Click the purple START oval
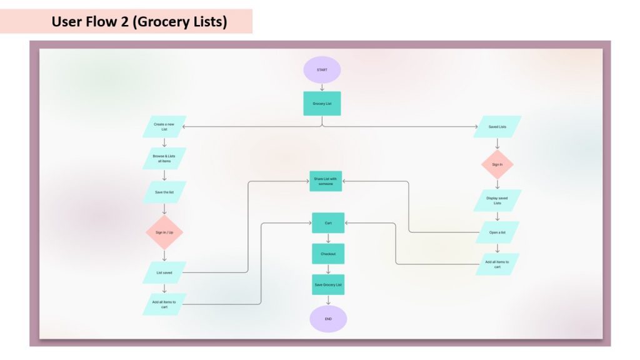click(x=322, y=69)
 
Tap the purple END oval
click(x=328, y=319)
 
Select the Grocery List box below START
click(x=322, y=104)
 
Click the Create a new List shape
click(x=164, y=127)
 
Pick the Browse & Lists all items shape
click(x=164, y=159)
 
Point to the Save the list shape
click(x=164, y=192)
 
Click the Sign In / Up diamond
click(x=164, y=232)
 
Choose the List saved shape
click(x=164, y=272)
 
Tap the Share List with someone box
click(x=325, y=181)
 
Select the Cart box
click(x=328, y=223)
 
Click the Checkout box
click(x=328, y=254)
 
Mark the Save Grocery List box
click(x=328, y=285)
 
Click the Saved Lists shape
click(x=497, y=127)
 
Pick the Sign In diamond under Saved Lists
click(x=497, y=164)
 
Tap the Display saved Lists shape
click(x=497, y=201)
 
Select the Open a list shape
click(x=497, y=232)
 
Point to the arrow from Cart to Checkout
click(x=328, y=239)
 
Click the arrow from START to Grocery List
click(x=322, y=87)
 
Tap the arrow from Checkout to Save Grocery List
click(x=328, y=269)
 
